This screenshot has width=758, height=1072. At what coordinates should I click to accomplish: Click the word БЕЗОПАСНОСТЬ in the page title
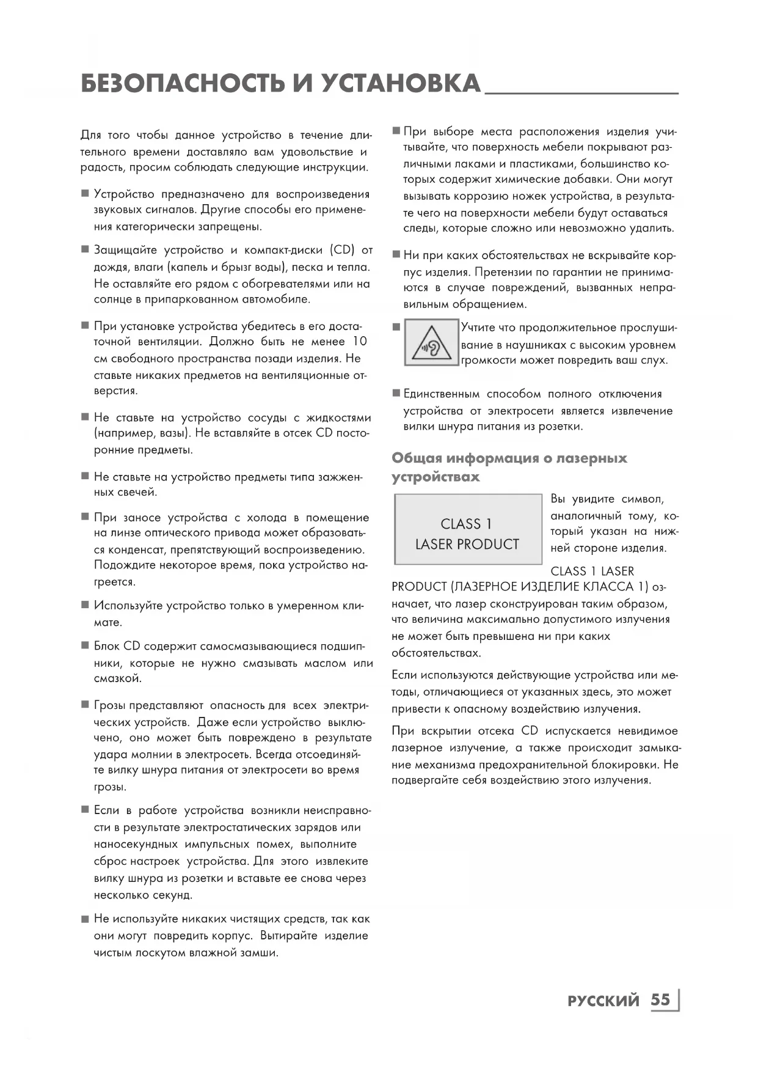pos(183,84)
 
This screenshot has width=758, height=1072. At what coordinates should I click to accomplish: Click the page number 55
pos(660,1000)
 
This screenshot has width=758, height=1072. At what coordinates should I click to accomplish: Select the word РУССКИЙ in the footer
pos(603,1001)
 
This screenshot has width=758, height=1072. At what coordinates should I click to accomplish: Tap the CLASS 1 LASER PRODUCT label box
pos(468,529)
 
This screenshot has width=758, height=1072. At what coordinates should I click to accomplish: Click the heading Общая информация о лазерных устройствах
pos(509,467)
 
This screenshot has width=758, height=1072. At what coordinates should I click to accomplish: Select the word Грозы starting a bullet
pos(111,705)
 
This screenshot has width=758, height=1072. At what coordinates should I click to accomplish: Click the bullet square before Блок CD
pos(85,646)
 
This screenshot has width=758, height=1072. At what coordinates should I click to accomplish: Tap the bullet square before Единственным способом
pos(396,394)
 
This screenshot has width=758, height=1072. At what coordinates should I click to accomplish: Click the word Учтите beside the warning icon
pos(478,328)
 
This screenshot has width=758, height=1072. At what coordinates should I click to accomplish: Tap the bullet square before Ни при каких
pos(396,255)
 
